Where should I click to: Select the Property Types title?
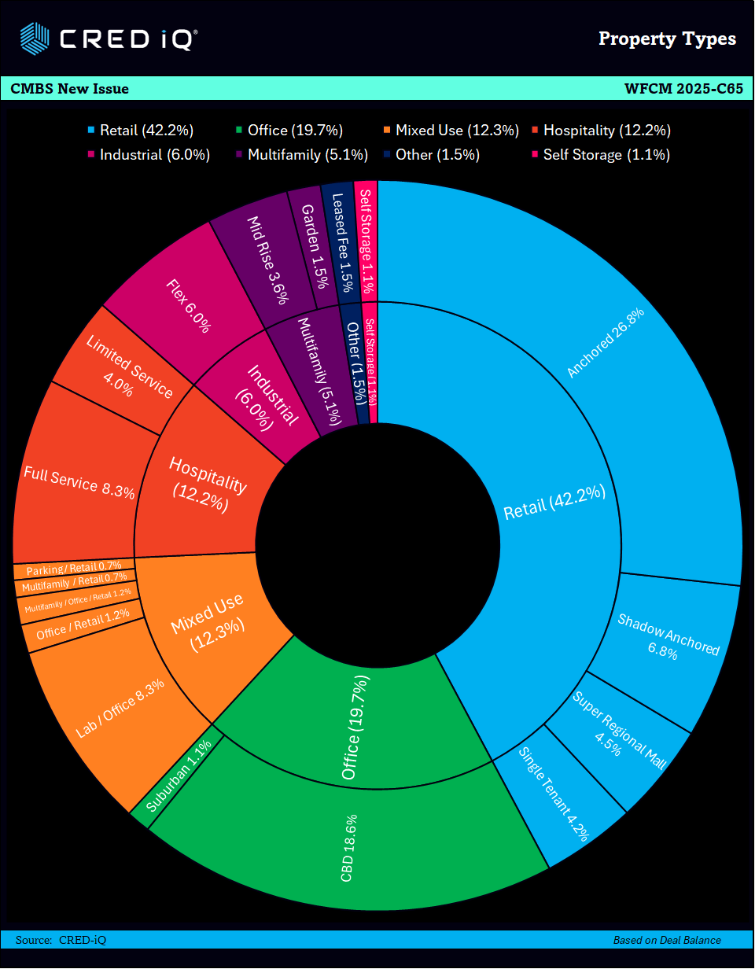667,39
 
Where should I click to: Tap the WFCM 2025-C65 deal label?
683,89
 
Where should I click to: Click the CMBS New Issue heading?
70,89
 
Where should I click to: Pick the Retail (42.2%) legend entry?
141,131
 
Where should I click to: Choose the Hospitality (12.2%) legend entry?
601,131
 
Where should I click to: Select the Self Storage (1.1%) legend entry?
601,155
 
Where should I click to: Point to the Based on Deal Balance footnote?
667,940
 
